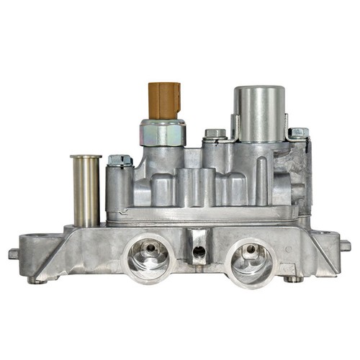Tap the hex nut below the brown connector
coord(163,132)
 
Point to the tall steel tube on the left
coord(85,191)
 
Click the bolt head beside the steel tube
coord(120,160)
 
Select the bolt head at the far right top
coord(298,134)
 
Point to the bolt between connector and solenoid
coord(215,134)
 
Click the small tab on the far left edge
coord(14,253)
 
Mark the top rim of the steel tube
coord(85,156)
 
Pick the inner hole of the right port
coord(249,252)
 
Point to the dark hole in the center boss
coord(197,252)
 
